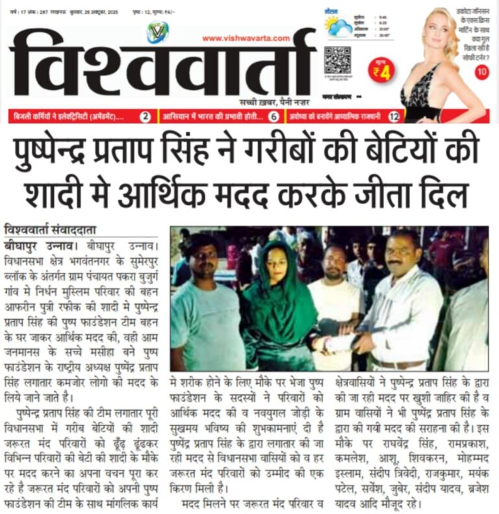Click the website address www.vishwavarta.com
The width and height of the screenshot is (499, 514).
(246, 38)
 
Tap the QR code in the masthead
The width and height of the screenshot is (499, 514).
(337, 60)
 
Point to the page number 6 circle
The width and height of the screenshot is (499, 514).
(274, 117)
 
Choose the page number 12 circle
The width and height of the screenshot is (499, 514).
(394, 117)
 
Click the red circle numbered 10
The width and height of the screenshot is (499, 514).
(481, 73)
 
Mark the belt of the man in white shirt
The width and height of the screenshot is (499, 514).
(398, 363)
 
